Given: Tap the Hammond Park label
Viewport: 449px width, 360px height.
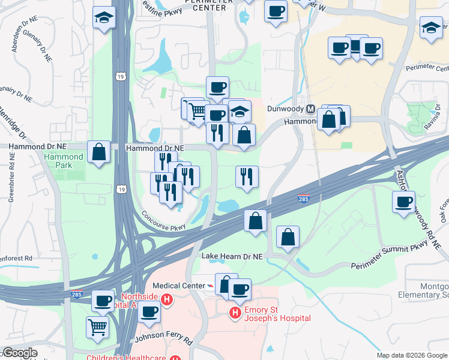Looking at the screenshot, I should (63, 161).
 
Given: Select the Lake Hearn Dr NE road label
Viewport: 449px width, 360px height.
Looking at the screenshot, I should (232, 256).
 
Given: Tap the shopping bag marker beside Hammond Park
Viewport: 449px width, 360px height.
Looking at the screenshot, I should (98, 152).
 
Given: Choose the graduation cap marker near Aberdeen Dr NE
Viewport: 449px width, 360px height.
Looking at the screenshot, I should (104, 16).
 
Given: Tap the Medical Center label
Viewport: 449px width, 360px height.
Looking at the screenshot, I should (178, 286).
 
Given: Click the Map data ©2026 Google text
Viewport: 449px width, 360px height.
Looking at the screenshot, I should (412, 355).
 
